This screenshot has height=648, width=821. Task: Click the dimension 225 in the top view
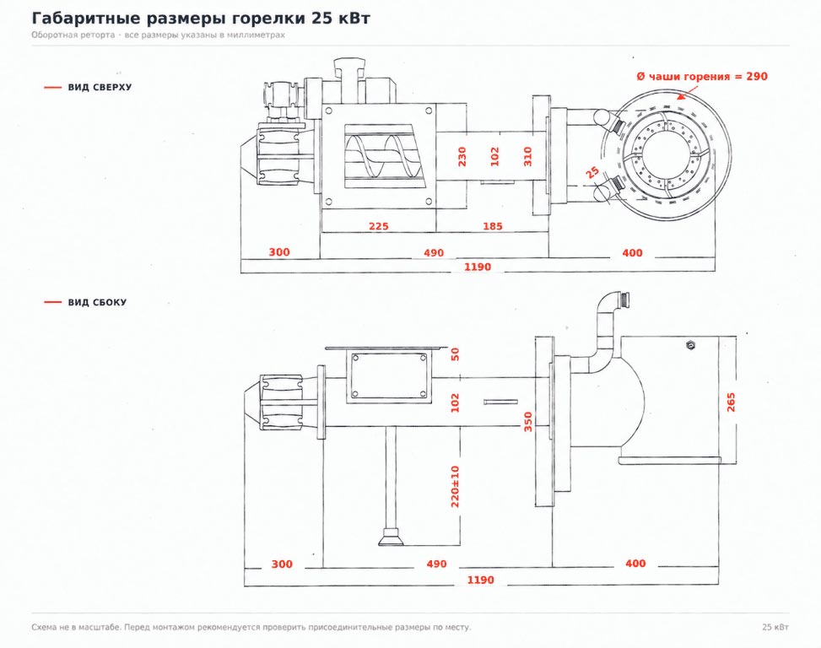379,226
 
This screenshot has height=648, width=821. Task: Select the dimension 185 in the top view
493,226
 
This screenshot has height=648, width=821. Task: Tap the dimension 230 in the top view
462,156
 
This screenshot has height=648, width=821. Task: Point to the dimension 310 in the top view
527,156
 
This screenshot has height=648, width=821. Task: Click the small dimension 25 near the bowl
591,171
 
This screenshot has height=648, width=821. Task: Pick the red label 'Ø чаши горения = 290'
702,77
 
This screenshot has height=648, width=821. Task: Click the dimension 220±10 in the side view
455,486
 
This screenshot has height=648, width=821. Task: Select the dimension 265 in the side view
731,402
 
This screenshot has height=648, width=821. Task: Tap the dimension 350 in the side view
528,422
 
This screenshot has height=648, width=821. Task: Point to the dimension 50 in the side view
455,354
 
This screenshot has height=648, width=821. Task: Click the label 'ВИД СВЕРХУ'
100,88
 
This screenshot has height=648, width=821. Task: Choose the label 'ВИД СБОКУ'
97,303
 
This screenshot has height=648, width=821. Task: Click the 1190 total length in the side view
480,580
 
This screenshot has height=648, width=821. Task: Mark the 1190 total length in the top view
478,267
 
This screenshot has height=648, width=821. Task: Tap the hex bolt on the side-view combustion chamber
690,345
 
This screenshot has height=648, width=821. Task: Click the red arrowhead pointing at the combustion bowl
681,96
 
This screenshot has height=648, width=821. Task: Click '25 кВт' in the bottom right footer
775,627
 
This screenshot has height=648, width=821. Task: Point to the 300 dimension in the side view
282,564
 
